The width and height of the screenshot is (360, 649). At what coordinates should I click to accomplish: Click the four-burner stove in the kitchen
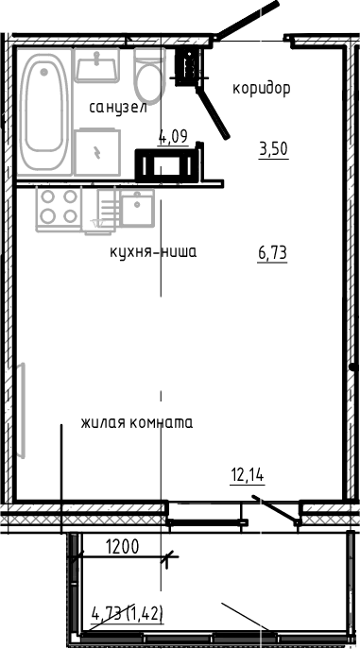tap(58, 208)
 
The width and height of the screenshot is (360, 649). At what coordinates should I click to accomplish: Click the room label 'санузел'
tap(118, 108)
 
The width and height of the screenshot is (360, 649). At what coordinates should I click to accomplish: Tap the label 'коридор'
tap(261, 89)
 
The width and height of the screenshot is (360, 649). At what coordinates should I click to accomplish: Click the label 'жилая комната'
tap(136, 422)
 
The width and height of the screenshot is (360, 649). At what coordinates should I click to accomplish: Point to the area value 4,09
tap(173, 136)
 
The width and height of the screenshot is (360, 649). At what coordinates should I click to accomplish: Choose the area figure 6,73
tap(272, 252)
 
